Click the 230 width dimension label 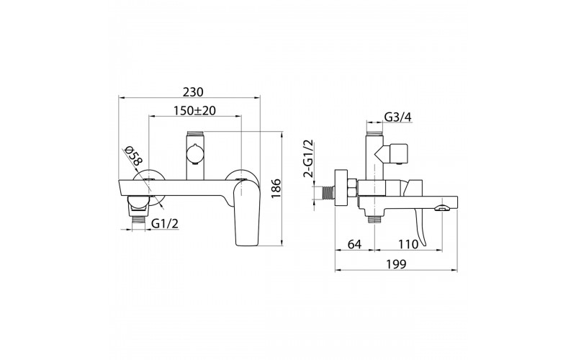coord(193,92)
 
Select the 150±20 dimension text coord(194,111)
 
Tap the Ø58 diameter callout coord(132,156)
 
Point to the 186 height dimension coord(276,189)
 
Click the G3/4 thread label coord(398,117)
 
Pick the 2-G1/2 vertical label coord(308,158)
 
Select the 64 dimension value coord(354,244)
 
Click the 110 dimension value coord(408,244)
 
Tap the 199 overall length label coord(397,264)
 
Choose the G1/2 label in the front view coord(165,223)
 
